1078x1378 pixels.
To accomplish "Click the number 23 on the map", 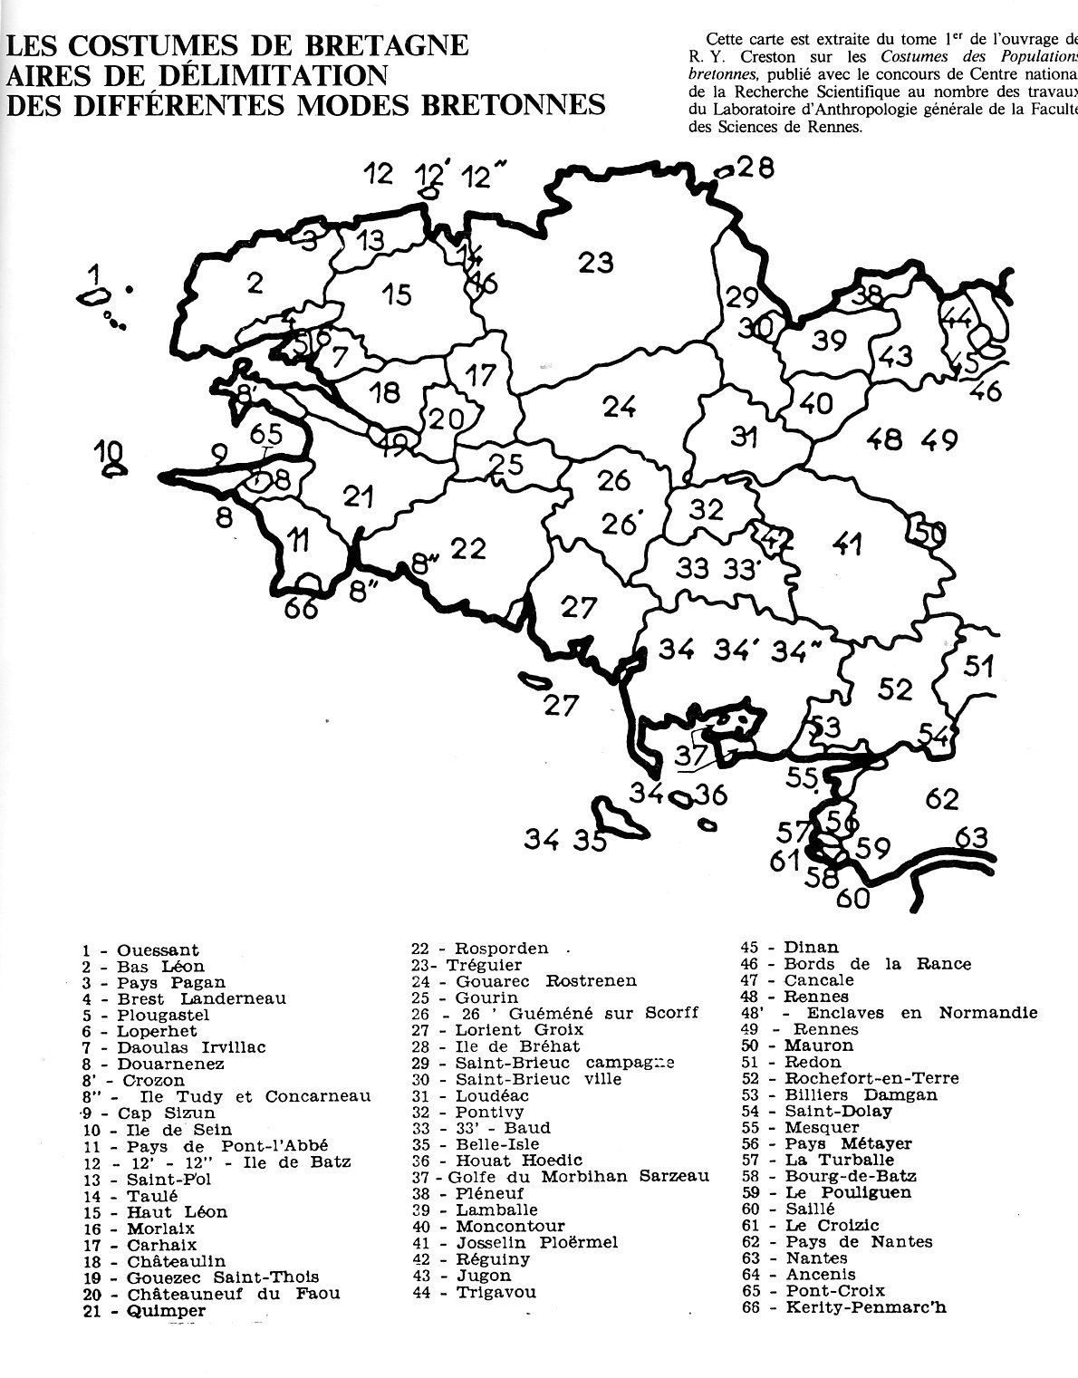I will click(596, 262).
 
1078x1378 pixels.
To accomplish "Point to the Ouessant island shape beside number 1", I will click(90, 297).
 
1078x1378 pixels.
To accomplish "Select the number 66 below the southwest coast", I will click(302, 608).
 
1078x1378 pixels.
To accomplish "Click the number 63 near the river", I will click(971, 837).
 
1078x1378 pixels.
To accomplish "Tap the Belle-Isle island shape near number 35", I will click(620, 817).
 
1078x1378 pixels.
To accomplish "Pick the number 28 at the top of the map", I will click(755, 168).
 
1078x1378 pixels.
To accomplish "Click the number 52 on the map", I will click(895, 689).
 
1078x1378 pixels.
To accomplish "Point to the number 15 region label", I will click(397, 294).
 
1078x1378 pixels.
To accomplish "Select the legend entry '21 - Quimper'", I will click(143, 1310).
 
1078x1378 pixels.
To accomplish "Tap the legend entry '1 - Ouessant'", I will click(140, 950).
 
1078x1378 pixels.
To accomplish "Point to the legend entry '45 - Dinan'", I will click(790, 948).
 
